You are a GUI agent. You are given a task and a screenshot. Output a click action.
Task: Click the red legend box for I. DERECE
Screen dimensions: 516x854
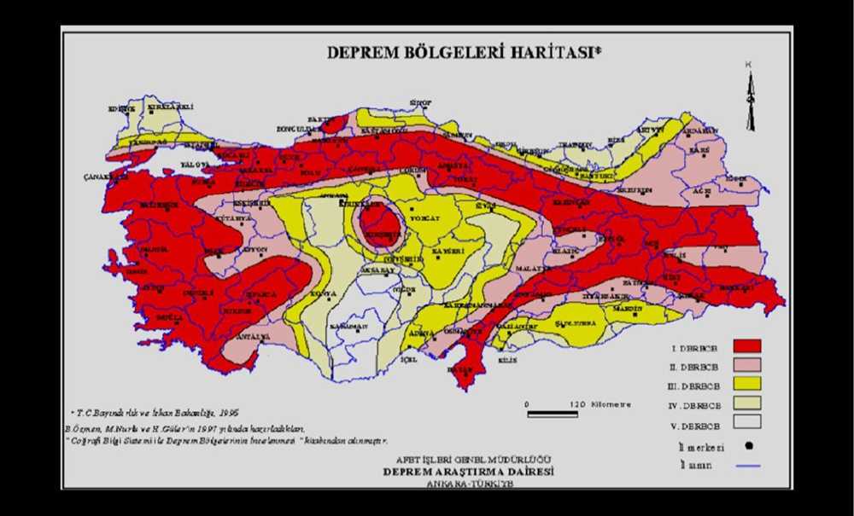pyautogui.click(x=746, y=345)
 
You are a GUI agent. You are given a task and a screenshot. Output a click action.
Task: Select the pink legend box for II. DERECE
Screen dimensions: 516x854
pyautogui.click(x=746, y=367)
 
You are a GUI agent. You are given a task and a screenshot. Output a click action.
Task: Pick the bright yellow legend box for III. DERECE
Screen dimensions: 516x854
pyautogui.click(x=746, y=387)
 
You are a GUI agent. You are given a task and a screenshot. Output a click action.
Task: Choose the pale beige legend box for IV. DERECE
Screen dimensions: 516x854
pyautogui.click(x=746, y=408)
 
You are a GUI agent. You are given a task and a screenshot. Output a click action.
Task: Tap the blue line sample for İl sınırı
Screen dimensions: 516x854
pyautogui.click(x=746, y=465)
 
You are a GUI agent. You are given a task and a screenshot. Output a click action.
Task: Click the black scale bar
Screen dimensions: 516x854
pyautogui.click(x=553, y=415)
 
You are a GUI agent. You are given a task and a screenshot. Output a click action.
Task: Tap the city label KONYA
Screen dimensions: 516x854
pyautogui.click(x=323, y=293)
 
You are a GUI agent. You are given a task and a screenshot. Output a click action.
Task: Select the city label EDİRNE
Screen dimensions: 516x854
pyautogui.click(x=122, y=109)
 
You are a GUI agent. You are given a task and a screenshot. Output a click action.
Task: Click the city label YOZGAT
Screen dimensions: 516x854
pyautogui.click(x=424, y=218)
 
